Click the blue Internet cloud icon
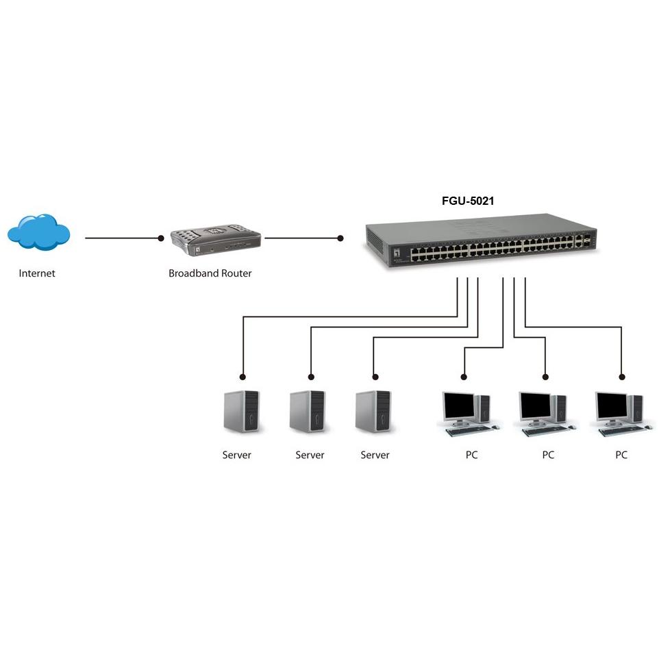[x=39, y=231]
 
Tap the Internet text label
[x=37, y=273]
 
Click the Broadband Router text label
[x=210, y=273]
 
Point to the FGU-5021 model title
[x=468, y=201]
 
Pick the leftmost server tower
[x=243, y=411]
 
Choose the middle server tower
[x=308, y=411]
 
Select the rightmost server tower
[x=373, y=411]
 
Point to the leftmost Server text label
[x=236, y=455]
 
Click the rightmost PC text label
[x=621, y=455]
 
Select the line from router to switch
[x=301, y=238]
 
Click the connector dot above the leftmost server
[x=243, y=376]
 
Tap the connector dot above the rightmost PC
[x=622, y=376]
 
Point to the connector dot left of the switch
[x=340, y=238]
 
